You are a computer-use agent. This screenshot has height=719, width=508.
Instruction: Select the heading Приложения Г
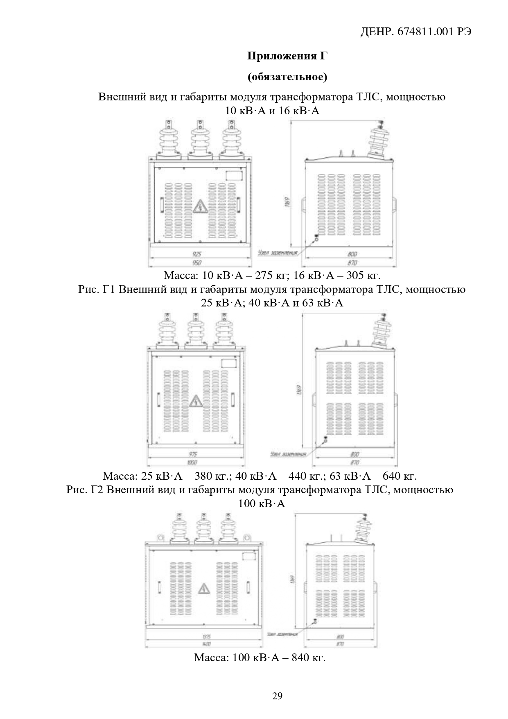tap(287, 56)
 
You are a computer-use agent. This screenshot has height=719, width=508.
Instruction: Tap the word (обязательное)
tap(287, 77)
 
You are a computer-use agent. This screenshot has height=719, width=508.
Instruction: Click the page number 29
tap(277, 696)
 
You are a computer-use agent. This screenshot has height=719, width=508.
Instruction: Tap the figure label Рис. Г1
tap(98, 290)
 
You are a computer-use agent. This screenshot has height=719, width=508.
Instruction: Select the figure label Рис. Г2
tap(86, 490)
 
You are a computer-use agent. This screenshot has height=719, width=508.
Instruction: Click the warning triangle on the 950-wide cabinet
tap(200, 207)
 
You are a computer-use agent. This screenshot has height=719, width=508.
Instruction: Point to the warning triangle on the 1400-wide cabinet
tap(203, 589)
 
